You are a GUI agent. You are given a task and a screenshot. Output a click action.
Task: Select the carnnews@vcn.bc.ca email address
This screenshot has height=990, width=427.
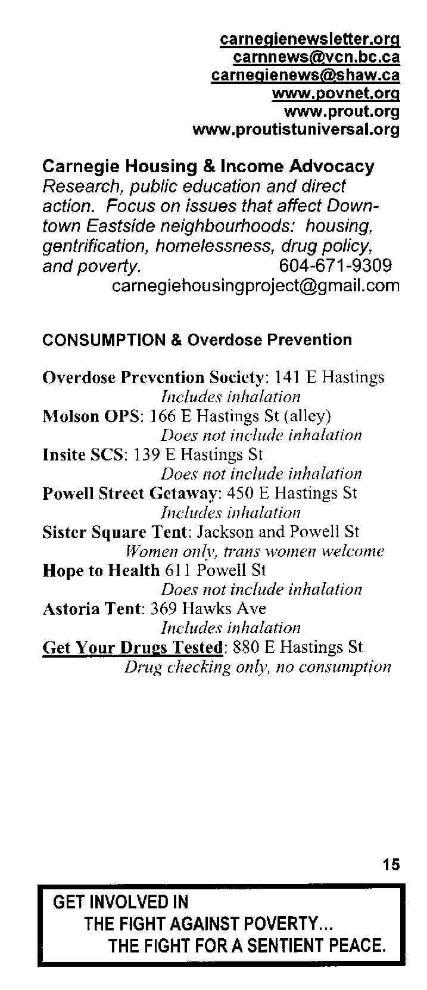(x=316, y=57)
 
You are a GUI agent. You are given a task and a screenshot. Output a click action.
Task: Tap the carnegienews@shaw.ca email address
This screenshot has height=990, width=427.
(x=306, y=76)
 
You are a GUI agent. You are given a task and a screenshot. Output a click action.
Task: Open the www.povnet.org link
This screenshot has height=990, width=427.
(x=335, y=94)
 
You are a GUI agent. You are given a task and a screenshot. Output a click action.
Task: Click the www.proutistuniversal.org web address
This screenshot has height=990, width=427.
(x=296, y=129)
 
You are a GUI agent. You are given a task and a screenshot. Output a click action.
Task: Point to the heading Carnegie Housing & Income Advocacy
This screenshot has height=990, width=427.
(x=208, y=166)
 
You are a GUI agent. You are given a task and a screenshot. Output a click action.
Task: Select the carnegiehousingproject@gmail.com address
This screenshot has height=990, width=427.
(x=256, y=285)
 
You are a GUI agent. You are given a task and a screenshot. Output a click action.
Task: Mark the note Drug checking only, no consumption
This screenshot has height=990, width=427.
(x=257, y=667)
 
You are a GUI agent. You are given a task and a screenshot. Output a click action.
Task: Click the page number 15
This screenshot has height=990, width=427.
(x=391, y=864)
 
